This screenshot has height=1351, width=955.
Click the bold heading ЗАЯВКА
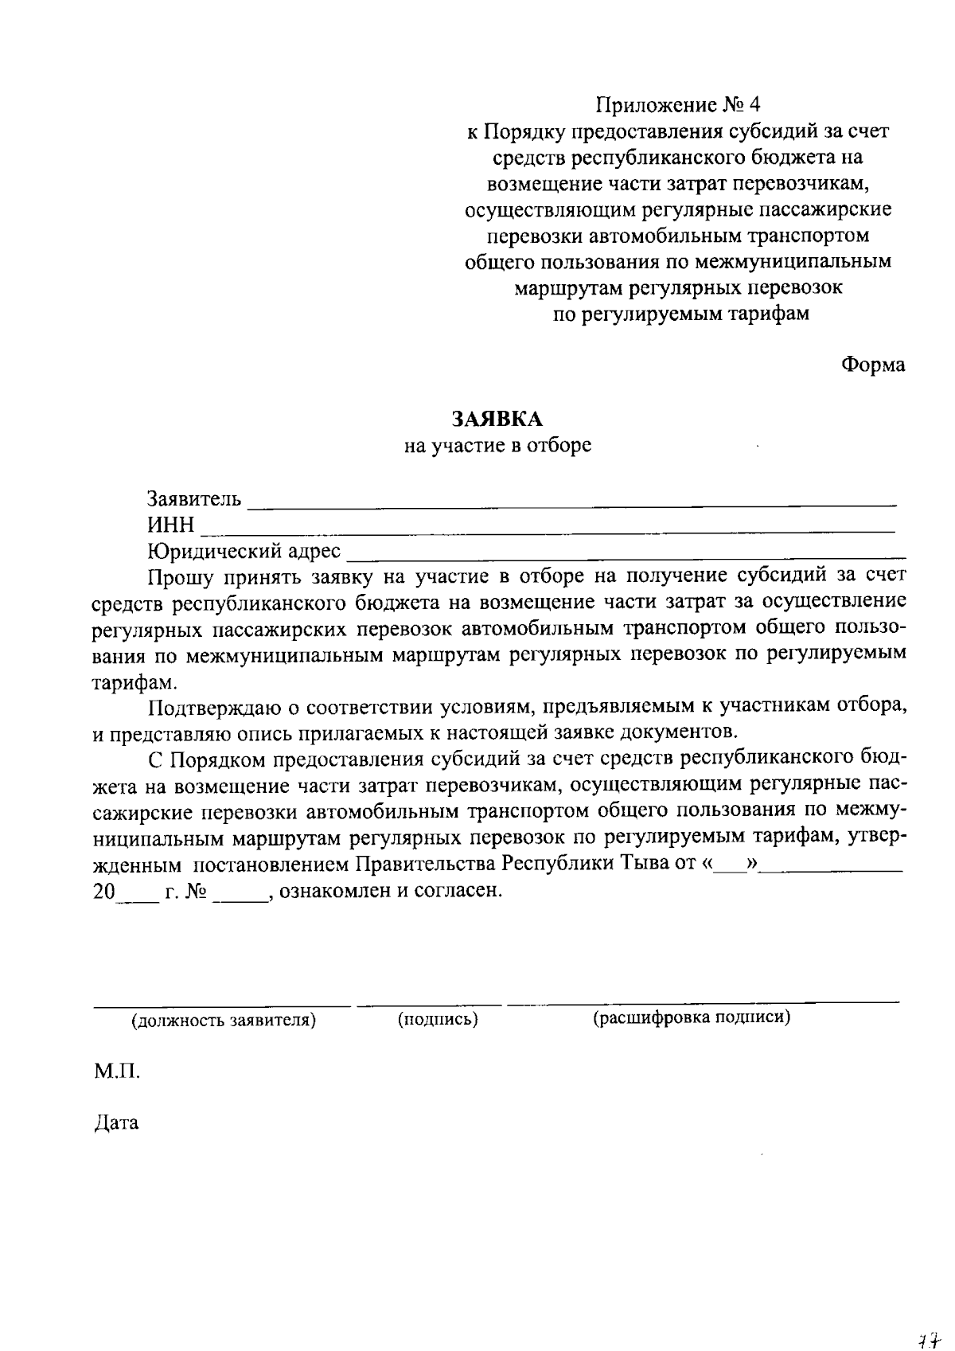pos(497,418)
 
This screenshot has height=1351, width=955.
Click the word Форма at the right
pos(873,365)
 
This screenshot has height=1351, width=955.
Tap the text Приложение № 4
pos(679,104)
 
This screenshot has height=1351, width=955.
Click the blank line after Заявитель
pos(571,503)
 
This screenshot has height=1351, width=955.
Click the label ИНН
pos(170,525)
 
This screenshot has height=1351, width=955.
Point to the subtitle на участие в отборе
pos(497,445)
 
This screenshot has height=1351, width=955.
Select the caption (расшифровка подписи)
pos(691,1017)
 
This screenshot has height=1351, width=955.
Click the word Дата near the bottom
pos(116,1123)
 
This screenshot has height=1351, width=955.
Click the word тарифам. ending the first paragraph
pos(131,682)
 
